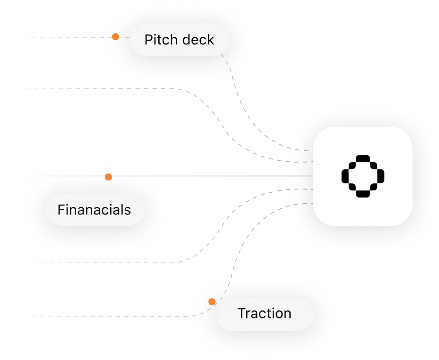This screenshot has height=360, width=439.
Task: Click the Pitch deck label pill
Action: pos(180,40)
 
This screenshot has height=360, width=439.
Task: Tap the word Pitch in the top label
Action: pos(157,40)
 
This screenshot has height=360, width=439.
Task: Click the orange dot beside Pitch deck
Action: pos(115,36)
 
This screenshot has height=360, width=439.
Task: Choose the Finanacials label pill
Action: pos(95,209)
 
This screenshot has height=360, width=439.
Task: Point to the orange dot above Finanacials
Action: pos(108,177)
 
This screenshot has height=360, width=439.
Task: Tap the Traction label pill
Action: pos(265,313)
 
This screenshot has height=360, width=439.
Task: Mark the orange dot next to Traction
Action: pos(212,301)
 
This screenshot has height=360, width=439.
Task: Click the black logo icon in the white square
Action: pos(362,176)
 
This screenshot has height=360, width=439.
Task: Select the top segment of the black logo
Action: pos(362,158)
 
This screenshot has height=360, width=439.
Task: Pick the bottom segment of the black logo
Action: pos(362,193)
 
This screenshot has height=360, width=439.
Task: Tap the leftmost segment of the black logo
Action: pos(345,176)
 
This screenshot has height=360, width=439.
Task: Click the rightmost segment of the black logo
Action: pos(380,176)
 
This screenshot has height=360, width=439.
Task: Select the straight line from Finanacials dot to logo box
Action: pos(198,176)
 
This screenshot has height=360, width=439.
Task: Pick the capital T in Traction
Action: pos(241,313)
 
